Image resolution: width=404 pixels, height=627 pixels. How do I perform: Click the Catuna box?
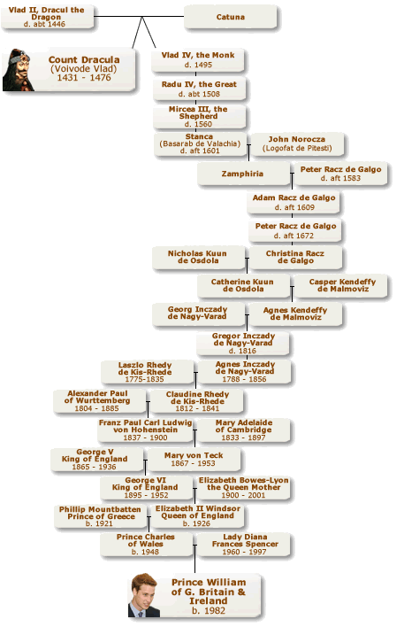pos(230,17)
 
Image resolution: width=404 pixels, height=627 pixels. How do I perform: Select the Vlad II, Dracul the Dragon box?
pos(47,17)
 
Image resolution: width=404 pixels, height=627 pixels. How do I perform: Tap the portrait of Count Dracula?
pos(19,70)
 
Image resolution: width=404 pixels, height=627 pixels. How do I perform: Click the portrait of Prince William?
pos(144,595)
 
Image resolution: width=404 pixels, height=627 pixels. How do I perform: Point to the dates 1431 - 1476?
pos(84,78)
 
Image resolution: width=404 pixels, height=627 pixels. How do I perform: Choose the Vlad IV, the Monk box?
pos(198,59)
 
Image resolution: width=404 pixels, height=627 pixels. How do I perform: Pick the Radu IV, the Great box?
pos(199,89)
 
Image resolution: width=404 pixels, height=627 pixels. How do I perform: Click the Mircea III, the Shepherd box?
pos(199,116)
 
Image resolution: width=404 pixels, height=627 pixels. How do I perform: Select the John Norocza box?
pos(297,144)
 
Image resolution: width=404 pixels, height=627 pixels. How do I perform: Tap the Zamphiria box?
pos(243,174)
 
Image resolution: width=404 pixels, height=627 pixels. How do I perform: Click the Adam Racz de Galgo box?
pos(293,202)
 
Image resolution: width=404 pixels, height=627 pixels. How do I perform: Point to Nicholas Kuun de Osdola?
pos(198,257)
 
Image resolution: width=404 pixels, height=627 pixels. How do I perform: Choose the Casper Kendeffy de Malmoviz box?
pos(342,285)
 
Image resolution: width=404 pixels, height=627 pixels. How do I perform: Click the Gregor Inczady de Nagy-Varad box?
pos(243,344)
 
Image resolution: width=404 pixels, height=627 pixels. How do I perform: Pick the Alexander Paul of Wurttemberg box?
pos(99,400)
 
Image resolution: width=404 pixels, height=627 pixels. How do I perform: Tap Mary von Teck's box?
pos(194,459)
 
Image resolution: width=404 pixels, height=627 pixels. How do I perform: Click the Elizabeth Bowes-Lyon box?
pos(243,487)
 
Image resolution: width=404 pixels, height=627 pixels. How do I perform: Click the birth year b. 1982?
pos(209,610)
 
